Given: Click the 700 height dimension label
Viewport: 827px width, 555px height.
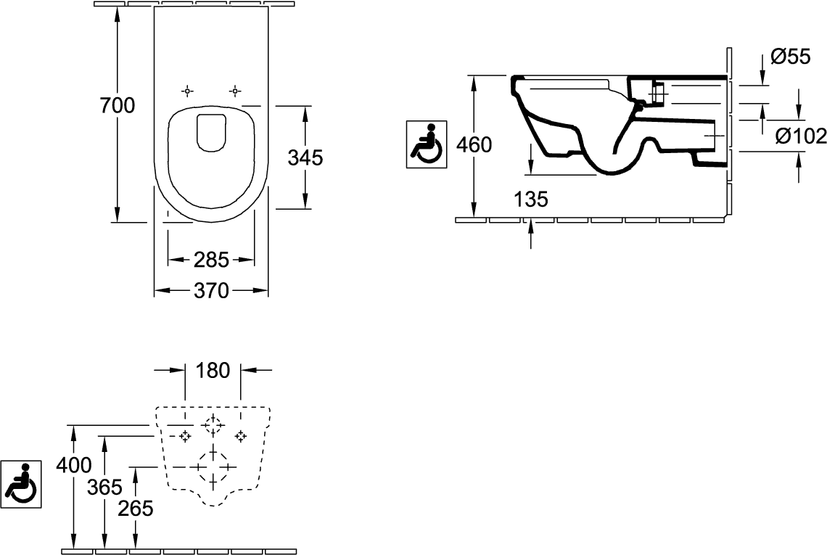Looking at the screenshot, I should click(x=117, y=106).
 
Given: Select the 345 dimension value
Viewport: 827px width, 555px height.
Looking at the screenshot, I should click(x=305, y=157).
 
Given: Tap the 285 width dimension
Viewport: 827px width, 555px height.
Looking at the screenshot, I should click(x=211, y=258).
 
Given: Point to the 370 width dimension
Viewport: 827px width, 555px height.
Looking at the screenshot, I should click(x=211, y=291).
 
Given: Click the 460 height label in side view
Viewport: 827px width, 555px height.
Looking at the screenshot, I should click(x=474, y=145).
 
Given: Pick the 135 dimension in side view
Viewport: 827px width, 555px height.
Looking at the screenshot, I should click(x=532, y=198).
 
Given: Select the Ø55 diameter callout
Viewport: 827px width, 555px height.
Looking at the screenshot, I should click(x=791, y=56).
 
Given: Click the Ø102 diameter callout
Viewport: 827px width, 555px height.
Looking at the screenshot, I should click(x=799, y=136).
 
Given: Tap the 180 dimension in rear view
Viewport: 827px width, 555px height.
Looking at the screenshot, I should click(x=212, y=371).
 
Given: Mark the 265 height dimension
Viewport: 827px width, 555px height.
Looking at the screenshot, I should click(x=137, y=509).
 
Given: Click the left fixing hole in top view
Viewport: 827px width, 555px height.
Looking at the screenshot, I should click(x=187, y=91).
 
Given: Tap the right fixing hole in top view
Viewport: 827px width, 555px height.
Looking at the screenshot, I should click(x=234, y=91).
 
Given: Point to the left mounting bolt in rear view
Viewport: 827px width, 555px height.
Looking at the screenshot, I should click(x=184, y=436).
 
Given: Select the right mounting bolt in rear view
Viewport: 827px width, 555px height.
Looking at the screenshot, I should click(x=240, y=436).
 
